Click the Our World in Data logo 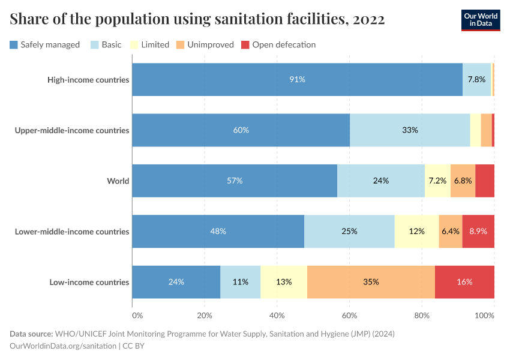point(481,20)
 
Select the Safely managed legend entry point(45,44)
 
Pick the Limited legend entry point(149,44)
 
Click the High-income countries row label point(88,79)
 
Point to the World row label point(118,181)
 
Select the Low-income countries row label point(89,282)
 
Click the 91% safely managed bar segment point(297,79)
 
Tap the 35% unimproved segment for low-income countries point(371,282)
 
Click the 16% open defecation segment point(464,282)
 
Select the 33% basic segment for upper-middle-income point(410,130)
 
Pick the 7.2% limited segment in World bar point(437,181)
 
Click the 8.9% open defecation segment point(478,232)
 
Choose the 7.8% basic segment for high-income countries point(476,79)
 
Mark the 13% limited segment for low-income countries point(284,282)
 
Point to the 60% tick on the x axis point(350,315)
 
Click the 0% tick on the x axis point(137,315)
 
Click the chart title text point(197,19)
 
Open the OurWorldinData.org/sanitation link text point(64,346)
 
